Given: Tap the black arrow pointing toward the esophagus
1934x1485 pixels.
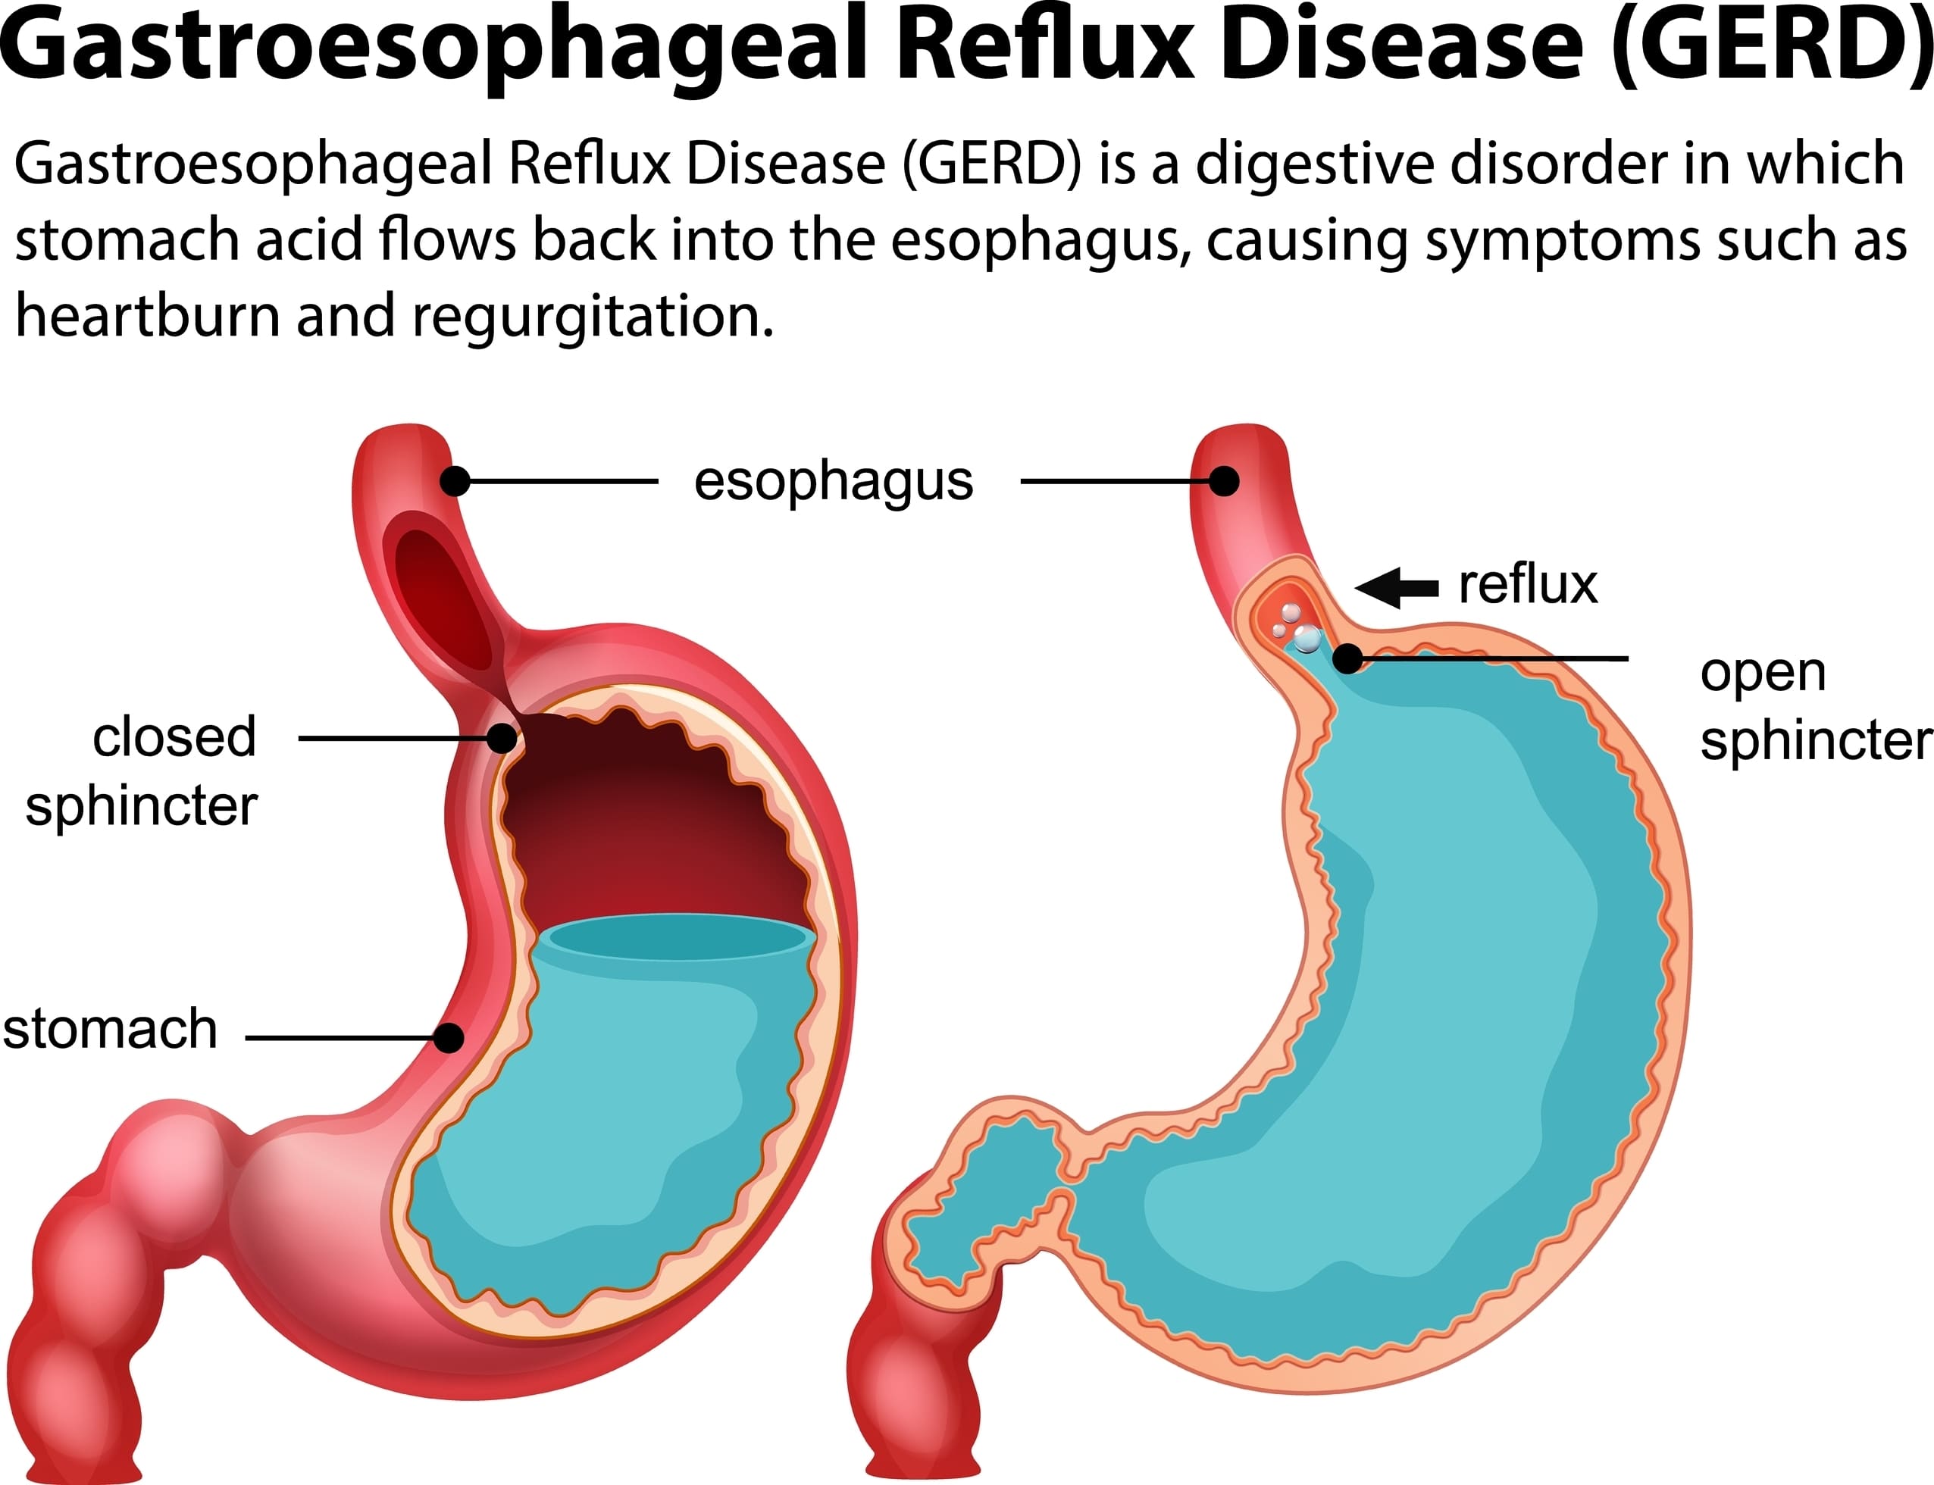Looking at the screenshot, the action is click(1397, 587).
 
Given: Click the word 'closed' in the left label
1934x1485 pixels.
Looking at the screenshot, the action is click(174, 736).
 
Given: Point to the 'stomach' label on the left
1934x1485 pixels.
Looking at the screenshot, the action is click(110, 1029).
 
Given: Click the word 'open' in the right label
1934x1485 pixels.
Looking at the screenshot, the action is click(1763, 674).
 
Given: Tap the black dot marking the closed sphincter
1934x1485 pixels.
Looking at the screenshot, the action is click(502, 738).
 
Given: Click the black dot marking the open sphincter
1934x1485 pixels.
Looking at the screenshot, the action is click(1347, 658).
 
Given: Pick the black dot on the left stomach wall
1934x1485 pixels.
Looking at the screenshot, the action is click(449, 1038).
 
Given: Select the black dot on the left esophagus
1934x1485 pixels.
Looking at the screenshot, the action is click(455, 482).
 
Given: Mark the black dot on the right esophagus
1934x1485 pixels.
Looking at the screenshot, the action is click(1223, 482).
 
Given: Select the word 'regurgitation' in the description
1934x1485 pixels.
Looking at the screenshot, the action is click(592, 317).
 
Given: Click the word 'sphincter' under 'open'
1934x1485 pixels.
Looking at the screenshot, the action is click(1817, 741).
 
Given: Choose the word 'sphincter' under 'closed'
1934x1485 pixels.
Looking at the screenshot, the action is click(142, 808).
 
